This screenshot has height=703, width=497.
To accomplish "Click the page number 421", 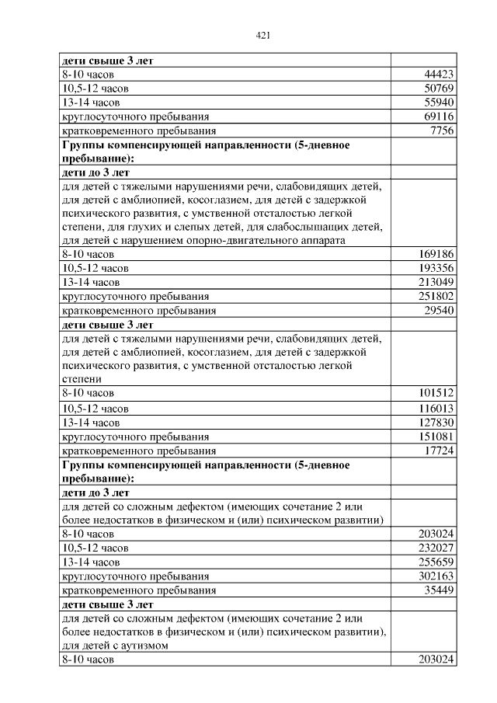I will coord(262,35).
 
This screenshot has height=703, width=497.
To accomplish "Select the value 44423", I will coord(439,75).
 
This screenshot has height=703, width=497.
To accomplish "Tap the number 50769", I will coord(439,89).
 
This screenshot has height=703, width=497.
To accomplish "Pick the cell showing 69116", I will coord(439,117).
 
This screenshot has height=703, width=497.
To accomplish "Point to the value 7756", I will coord(442,131).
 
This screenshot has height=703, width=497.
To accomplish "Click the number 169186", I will coord(436,254).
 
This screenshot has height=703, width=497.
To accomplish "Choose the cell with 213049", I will coord(436,282).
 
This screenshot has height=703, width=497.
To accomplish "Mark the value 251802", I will coord(436,296).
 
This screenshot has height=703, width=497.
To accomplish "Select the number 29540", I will coord(439,311).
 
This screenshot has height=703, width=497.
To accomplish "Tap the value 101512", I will coord(436,393).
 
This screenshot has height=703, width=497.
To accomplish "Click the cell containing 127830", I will coord(436,423).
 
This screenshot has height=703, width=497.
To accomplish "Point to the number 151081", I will coord(436,437).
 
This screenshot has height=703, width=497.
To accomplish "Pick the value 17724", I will coord(439,451).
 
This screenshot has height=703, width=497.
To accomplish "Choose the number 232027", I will coord(436,548).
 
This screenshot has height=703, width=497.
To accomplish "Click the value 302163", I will coord(436,576).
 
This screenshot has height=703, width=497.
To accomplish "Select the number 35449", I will coord(439,590).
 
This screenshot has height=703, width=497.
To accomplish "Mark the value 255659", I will coord(436,562).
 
